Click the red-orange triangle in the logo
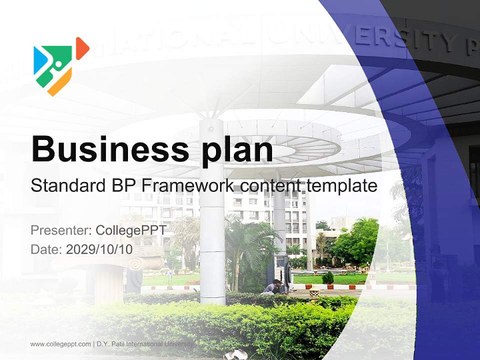tap(81, 48)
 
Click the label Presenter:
tap(60, 230)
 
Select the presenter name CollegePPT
tap(130, 230)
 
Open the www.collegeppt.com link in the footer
tap(60, 344)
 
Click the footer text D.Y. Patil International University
tap(145, 344)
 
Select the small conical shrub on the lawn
tap(327, 277)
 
